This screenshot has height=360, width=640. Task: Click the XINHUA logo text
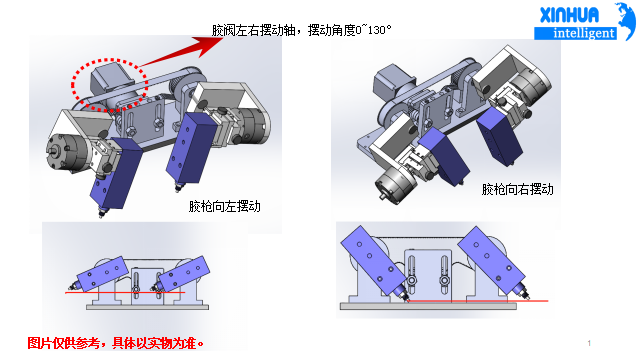(569, 16)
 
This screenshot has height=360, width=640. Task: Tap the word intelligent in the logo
(584, 33)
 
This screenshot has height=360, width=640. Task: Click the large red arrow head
(205, 46)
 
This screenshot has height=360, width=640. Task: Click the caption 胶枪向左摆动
(224, 206)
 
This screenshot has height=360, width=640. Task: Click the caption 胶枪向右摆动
(518, 189)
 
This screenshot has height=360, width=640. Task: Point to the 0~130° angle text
(373, 30)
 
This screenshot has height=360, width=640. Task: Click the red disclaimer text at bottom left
(116, 343)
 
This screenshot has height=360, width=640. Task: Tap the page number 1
(589, 343)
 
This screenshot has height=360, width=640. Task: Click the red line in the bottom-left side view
(125, 293)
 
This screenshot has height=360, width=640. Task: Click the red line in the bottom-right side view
(477, 301)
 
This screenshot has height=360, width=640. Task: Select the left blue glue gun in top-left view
(116, 173)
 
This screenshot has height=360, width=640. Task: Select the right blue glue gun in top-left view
(191, 148)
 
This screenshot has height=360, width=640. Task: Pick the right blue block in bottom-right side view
(491, 260)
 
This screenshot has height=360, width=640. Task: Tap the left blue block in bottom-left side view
(100, 273)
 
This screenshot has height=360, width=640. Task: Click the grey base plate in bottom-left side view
(147, 307)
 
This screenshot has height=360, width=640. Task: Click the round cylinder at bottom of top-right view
(395, 184)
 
